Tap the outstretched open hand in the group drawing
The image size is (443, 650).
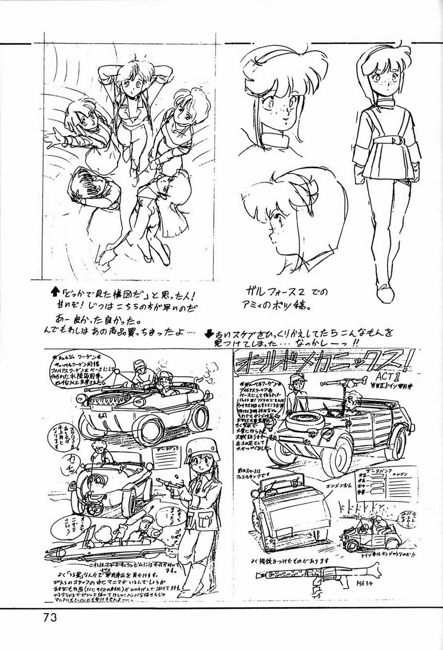click(52, 139)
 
